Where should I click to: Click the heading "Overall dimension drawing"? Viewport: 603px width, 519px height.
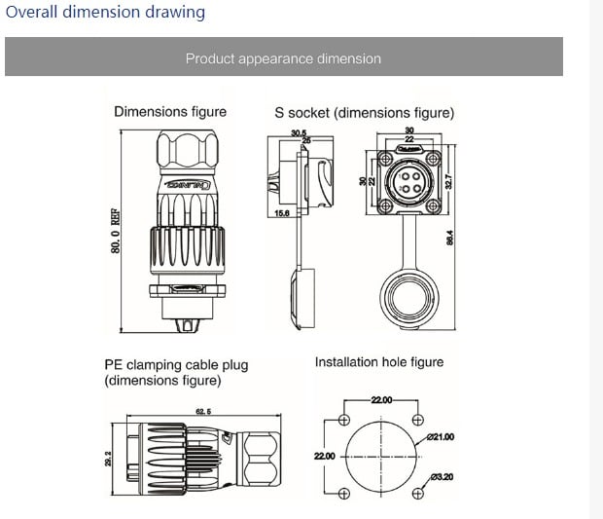click(105, 13)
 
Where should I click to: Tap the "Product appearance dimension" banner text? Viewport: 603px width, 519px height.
click(283, 58)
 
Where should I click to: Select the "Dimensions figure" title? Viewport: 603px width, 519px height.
click(170, 112)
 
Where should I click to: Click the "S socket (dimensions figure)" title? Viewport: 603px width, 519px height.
click(364, 113)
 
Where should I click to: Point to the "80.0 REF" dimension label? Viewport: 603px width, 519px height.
click(116, 232)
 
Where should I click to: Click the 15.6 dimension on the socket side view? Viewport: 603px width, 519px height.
click(282, 212)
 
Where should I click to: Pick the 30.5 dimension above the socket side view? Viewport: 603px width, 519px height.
click(298, 133)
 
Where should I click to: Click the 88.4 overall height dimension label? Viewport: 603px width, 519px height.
click(450, 238)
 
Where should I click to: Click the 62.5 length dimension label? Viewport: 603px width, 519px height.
click(204, 412)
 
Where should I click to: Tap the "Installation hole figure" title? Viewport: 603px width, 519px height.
click(378, 362)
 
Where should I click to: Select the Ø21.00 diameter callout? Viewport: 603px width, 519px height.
click(440, 437)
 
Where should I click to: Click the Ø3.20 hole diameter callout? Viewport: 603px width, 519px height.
click(441, 476)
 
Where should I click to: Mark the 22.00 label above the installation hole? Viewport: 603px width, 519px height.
click(381, 400)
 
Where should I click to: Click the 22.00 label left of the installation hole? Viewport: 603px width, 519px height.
click(324, 456)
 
